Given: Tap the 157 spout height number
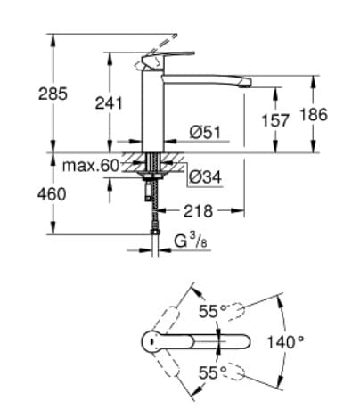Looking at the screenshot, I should click(277, 119).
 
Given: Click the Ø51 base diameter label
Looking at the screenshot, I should click(203, 133).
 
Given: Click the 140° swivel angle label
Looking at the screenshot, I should click(285, 340).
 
